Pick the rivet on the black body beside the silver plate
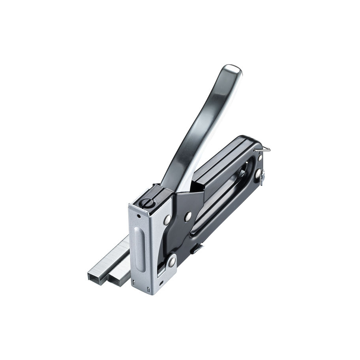tap(188, 216)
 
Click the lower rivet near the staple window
tap(172, 261)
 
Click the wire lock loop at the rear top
tap(263, 149)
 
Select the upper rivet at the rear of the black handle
tap(260, 157)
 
